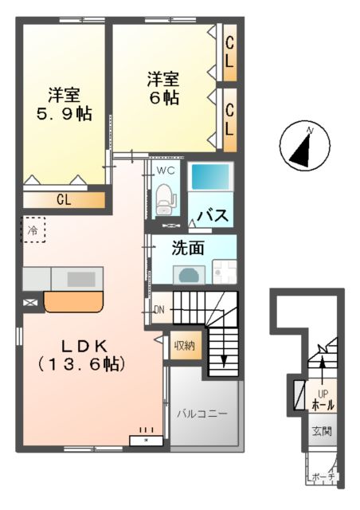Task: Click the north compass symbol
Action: [x=306, y=146]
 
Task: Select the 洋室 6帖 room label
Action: [x=163, y=88]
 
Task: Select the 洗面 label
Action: [x=189, y=248]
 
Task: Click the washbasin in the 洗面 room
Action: [x=190, y=274]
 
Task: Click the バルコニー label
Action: [x=202, y=414]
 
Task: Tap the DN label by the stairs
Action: [x=158, y=310]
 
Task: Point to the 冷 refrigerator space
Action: [x=33, y=230]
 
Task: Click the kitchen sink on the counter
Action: [x=80, y=279]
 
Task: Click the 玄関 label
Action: [x=322, y=432]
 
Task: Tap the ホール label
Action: [x=323, y=405]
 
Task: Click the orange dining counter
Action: [x=74, y=302]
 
